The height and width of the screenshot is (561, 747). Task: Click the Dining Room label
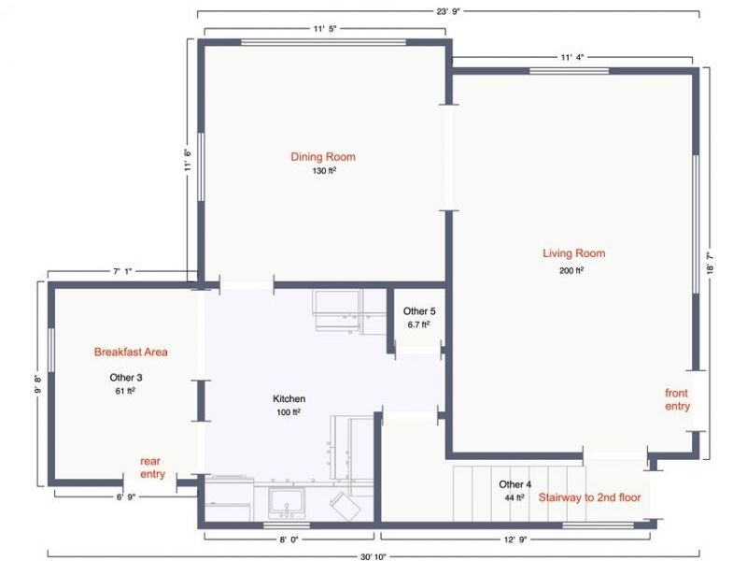click(323, 157)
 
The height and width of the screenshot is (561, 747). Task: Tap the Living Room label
click(573, 253)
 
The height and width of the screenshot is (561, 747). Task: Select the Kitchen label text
click(289, 399)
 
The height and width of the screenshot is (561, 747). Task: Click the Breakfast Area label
click(131, 352)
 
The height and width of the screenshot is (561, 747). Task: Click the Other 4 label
click(515, 484)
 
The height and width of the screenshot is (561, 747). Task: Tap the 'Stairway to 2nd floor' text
click(589, 498)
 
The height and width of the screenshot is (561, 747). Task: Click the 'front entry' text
click(677, 399)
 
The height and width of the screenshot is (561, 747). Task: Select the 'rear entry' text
click(152, 467)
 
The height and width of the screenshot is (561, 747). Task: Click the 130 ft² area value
click(324, 171)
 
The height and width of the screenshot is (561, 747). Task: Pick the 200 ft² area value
click(571, 271)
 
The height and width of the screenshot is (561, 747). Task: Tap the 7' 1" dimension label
click(122, 272)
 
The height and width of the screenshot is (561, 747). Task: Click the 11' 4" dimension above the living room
click(572, 57)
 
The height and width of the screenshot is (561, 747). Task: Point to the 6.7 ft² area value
click(417, 324)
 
